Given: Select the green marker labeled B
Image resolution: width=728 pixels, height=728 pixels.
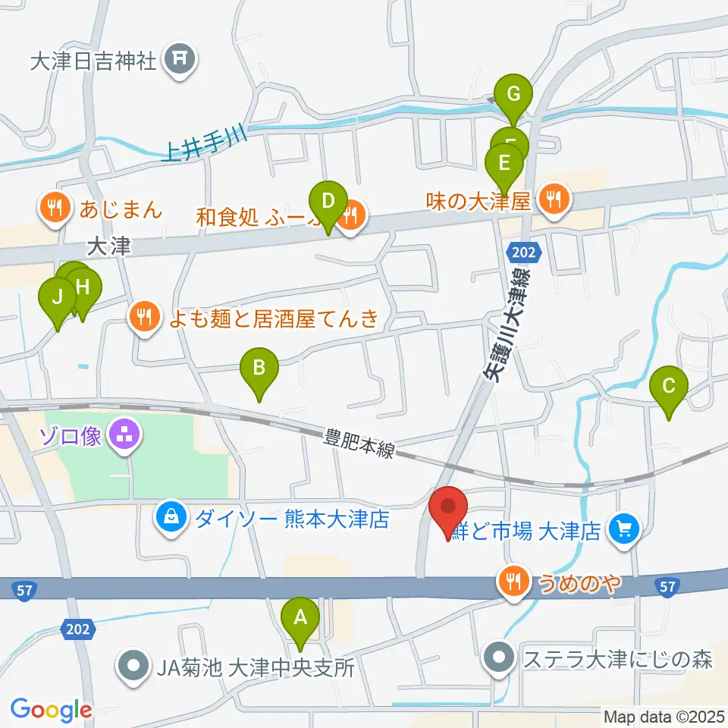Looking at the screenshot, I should (259, 369).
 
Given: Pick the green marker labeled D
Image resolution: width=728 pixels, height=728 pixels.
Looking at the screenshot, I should (328, 202).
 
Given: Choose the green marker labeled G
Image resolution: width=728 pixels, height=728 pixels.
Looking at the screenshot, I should (513, 96).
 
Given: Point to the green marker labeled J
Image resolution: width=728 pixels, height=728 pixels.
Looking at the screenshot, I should (57, 297).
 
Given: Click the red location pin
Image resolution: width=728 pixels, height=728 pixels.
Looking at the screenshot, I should (448, 506).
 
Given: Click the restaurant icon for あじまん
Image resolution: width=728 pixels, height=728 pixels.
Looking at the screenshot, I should (55, 207).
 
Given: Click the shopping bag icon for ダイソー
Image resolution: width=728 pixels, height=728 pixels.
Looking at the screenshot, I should (171, 519).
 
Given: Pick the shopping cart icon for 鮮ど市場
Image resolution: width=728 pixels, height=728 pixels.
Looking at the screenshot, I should (624, 528).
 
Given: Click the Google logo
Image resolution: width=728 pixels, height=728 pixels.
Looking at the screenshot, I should (51, 710).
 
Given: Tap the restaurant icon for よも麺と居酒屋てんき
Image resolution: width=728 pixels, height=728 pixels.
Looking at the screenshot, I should (145, 316).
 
